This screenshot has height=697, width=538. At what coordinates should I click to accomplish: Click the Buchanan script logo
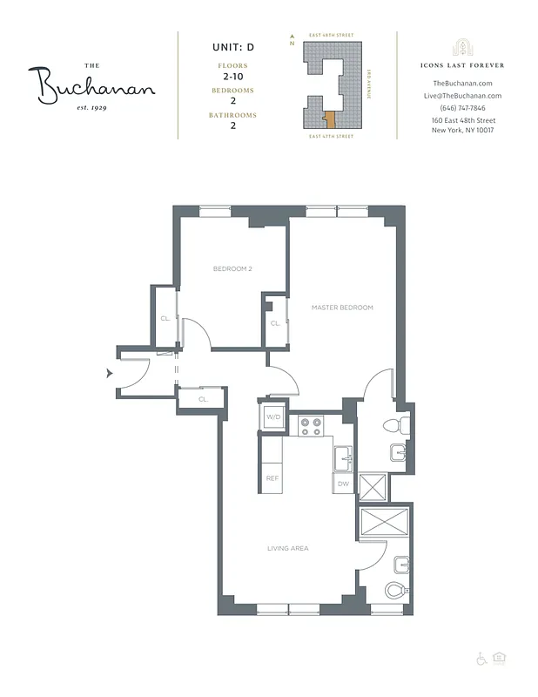pyautogui.click(x=96, y=85)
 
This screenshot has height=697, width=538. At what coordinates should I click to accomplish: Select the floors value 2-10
pyautogui.click(x=232, y=77)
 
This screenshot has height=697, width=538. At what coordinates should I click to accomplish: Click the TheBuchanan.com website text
pyautogui.click(x=462, y=83)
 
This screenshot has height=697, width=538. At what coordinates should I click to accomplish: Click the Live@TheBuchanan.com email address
pyautogui.click(x=462, y=95)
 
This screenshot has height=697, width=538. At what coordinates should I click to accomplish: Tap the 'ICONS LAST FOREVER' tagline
pyautogui.click(x=462, y=65)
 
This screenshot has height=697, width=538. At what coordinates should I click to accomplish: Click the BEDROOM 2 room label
pyautogui.click(x=232, y=268)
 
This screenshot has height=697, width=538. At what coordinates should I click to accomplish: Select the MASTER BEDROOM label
pyautogui.click(x=342, y=308)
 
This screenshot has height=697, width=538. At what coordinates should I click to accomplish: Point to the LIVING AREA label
pyautogui.click(x=287, y=548)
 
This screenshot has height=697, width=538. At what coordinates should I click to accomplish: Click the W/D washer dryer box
pyautogui.click(x=272, y=418)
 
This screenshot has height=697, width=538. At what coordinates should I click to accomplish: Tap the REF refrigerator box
pyautogui.click(x=272, y=478)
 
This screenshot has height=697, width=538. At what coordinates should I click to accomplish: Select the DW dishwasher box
pyautogui.click(x=342, y=484)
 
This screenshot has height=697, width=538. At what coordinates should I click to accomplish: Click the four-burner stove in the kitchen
pyautogui.click(x=311, y=426)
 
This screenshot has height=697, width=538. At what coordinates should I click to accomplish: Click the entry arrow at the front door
pyautogui.click(x=110, y=373)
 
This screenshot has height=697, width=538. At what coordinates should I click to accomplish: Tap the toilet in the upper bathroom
pyautogui.click(x=393, y=426)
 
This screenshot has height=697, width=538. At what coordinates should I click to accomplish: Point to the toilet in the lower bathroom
pyautogui.click(x=394, y=590)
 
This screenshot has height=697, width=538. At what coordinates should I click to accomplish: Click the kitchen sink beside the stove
pyautogui.click(x=342, y=456)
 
